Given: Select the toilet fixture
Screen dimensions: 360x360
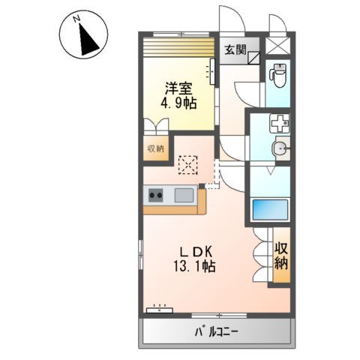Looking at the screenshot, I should click(x=278, y=76).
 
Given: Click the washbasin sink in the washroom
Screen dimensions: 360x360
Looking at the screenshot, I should click(x=282, y=147).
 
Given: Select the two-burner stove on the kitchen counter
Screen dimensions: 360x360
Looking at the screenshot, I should click(x=156, y=196).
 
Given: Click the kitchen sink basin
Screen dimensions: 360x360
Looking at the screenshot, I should click(x=184, y=196).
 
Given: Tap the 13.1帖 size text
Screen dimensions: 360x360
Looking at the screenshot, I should click(x=192, y=267).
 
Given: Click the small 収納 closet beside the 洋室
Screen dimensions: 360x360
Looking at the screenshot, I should click(x=154, y=148).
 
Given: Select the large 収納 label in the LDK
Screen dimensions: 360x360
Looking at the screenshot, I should click(x=280, y=256).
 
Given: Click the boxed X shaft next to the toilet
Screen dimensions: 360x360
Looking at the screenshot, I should click(x=280, y=45).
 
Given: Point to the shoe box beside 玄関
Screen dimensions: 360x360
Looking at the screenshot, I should click(x=254, y=55).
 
